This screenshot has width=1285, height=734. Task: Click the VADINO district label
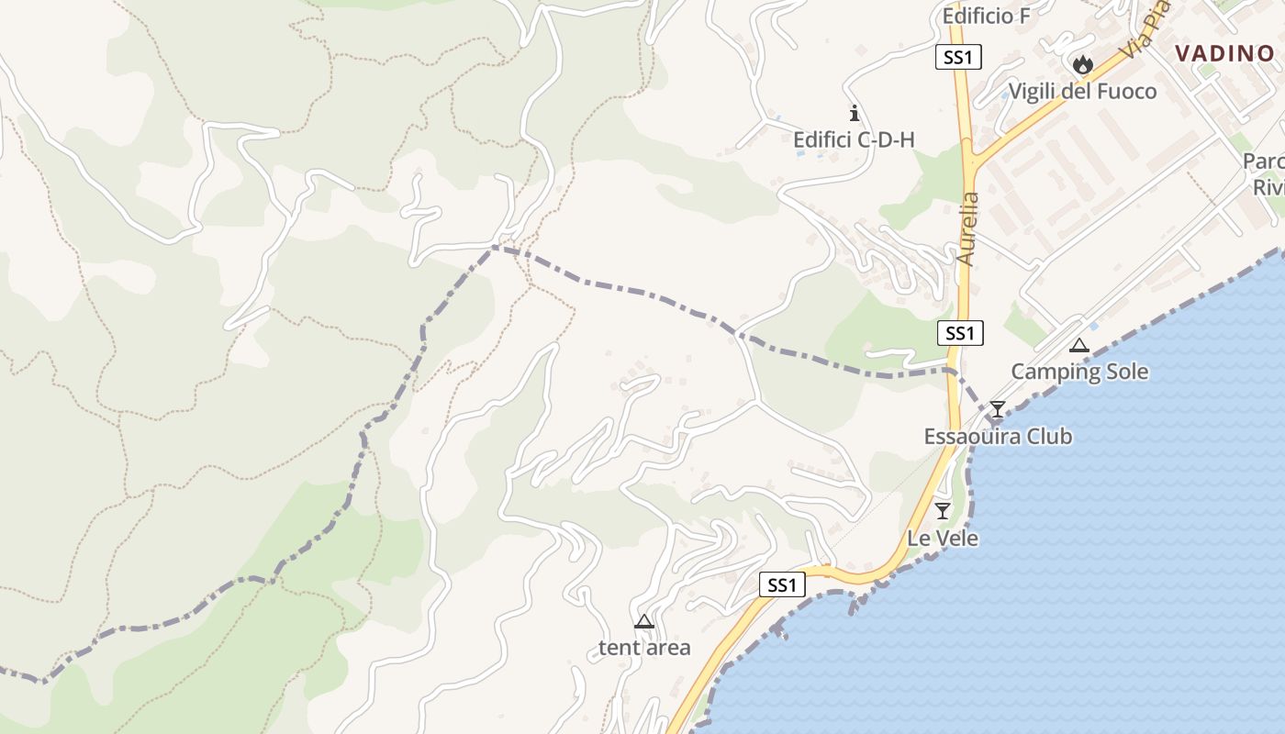tap(1224, 53)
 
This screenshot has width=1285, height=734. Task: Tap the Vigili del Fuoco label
tap(1082, 92)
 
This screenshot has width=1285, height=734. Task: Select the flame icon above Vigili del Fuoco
tap(1083, 64)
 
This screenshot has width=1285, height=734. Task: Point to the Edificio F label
tap(987, 17)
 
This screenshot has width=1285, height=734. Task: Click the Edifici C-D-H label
tap(854, 140)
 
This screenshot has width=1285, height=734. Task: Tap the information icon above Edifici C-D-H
tap(855, 113)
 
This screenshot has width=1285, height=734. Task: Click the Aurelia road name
tap(967, 228)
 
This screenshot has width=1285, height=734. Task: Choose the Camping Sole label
tap(1079, 372)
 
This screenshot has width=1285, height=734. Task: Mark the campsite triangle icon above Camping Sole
tap(1079, 346)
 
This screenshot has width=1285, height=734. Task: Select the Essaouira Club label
tap(998, 436)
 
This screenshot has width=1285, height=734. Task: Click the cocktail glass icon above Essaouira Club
tap(998, 409)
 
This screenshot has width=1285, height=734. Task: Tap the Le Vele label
tap(943, 539)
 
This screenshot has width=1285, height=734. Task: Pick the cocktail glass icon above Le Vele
tap(943, 511)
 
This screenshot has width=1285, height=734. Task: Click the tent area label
tap(644, 648)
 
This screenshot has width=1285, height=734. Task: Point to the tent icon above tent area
tap(644, 621)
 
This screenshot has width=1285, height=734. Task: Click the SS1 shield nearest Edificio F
tap(959, 57)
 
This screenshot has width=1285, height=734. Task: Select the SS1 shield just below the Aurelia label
tap(960, 333)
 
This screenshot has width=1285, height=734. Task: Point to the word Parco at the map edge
tap(1264, 161)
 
